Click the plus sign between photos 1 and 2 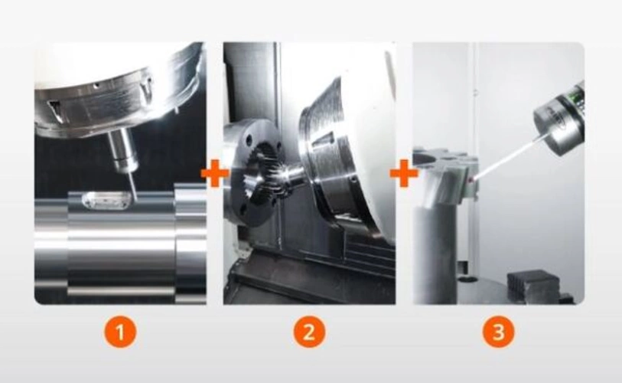215,174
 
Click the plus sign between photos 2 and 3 404,174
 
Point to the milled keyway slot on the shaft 103,201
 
